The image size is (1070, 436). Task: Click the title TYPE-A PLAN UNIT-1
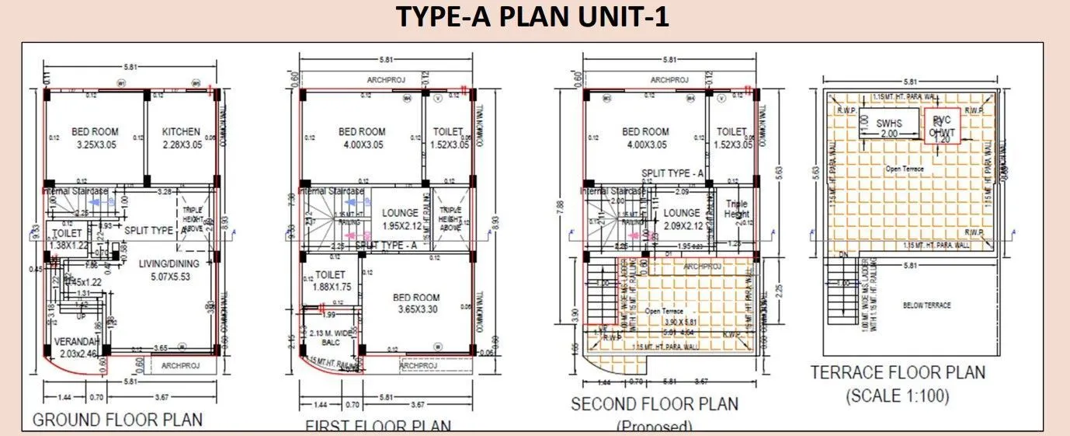(x=533, y=16)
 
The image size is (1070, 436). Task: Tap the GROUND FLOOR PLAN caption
(x=116, y=420)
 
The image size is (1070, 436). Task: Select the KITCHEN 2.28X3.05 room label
(x=181, y=138)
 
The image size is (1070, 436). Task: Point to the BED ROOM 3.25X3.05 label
(x=95, y=138)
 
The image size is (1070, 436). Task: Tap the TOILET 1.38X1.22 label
(x=68, y=239)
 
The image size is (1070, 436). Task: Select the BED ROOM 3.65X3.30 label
(x=415, y=303)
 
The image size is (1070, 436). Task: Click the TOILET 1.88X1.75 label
(x=331, y=281)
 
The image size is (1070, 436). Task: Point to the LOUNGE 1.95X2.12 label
(x=401, y=219)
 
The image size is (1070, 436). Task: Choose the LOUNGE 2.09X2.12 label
(x=683, y=219)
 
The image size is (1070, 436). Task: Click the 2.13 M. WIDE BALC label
(x=329, y=339)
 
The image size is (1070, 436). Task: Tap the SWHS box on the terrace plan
(x=888, y=128)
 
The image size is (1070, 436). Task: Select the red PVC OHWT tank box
(x=940, y=125)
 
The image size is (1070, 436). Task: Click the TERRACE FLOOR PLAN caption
(x=898, y=373)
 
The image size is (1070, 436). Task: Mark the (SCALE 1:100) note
(x=898, y=396)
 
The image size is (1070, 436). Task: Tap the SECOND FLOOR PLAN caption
(x=655, y=405)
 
